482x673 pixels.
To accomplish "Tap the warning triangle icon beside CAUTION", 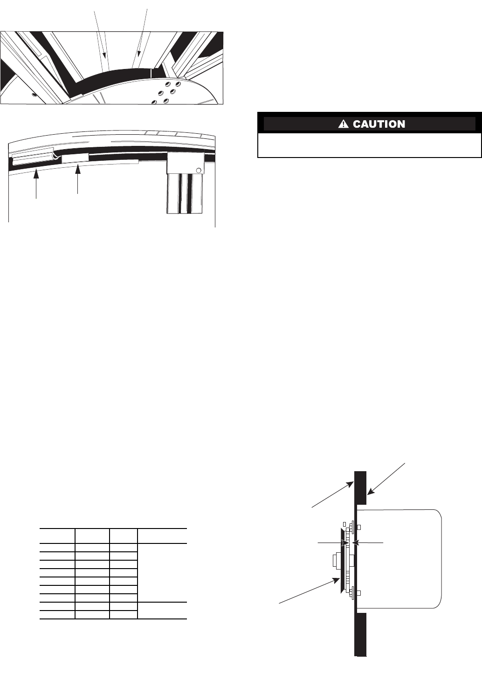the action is tap(344, 124).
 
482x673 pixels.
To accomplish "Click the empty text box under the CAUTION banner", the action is tap(369, 145).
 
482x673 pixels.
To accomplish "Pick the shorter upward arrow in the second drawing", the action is tap(78, 175).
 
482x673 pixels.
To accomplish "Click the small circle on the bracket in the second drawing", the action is tap(199, 170).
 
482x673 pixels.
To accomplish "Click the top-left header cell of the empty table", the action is tap(57, 536).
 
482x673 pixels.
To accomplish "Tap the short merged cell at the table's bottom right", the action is tap(162, 611).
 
